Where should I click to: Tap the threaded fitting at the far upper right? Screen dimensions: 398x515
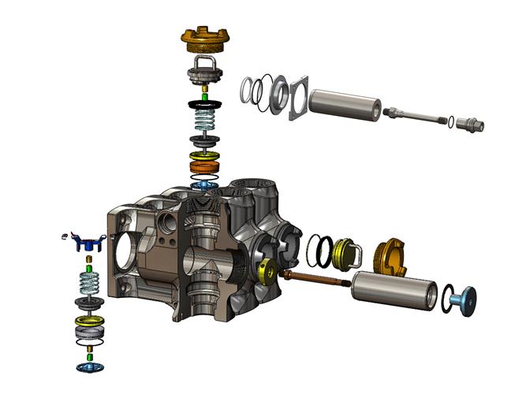tap(471, 125)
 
